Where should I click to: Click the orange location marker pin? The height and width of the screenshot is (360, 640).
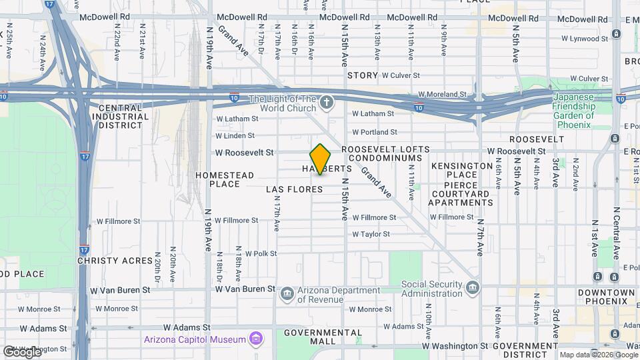pos(321,159)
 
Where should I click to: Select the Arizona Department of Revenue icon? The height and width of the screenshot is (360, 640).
pos(287,293)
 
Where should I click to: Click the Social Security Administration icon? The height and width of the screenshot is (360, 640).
pos(473,288)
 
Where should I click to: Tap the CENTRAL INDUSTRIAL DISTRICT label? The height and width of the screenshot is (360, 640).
pos(120,116)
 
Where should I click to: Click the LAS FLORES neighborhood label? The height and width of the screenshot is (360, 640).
pos(294,189)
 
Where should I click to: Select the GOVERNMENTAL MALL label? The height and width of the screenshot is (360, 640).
pos(323,337)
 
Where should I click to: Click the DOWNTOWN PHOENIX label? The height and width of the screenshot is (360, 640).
pos(606,297)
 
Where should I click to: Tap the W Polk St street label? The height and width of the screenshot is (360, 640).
pos(260,254)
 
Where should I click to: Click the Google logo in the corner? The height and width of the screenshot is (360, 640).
pos(21,351)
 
